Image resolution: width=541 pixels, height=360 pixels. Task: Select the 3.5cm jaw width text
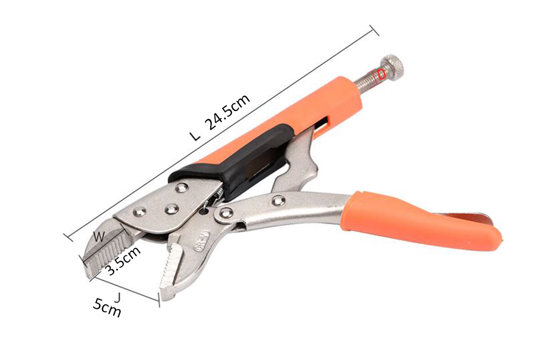(x=123, y=261)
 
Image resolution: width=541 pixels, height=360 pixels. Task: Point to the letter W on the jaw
(x=99, y=237)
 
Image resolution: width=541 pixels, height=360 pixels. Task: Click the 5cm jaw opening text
(x=107, y=307)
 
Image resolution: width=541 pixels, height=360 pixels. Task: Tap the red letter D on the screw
(x=381, y=75)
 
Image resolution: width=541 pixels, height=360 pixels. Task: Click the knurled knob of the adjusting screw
(x=391, y=67)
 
